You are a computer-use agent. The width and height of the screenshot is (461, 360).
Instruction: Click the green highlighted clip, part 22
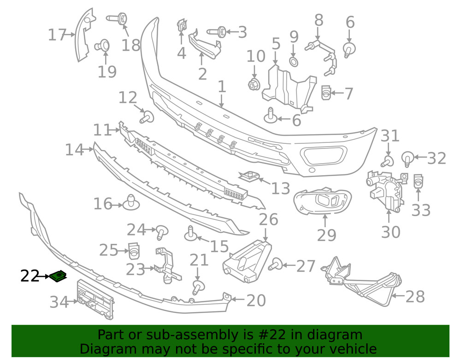click(59, 276)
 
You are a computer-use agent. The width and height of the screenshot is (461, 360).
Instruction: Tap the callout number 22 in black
click(30, 276)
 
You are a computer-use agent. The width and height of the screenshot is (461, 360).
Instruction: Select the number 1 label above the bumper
click(222, 86)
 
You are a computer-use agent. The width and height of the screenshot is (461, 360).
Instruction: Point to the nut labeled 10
click(253, 84)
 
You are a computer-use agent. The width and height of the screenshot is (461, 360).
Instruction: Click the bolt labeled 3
click(216, 32)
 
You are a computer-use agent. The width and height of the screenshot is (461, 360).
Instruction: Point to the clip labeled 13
click(249, 176)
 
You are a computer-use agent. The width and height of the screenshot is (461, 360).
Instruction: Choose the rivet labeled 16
click(131, 202)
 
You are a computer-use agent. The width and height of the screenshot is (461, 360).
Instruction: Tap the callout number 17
click(58, 35)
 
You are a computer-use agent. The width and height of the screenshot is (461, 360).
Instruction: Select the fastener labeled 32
click(408, 158)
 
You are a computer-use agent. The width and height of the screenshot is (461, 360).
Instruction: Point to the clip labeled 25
click(134, 250)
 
